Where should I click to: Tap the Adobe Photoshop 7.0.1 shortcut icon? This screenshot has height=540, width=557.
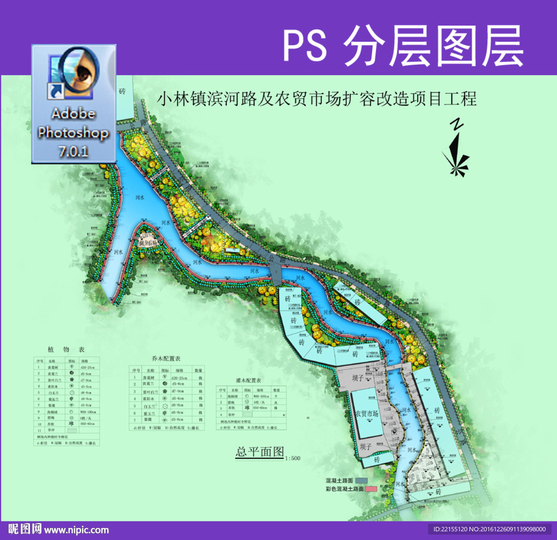(74, 103)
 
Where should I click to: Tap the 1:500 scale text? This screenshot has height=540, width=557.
(292, 458)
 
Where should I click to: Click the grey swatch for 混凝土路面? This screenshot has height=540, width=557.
(362, 481)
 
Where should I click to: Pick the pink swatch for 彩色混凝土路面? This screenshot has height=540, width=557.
(372, 489)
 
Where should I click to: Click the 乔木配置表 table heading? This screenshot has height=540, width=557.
(166, 359)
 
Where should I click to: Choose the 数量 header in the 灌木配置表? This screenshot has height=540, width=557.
(276, 390)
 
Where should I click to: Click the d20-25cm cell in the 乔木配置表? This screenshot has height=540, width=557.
(180, 378)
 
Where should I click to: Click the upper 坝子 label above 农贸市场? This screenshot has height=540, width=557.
(357, 377)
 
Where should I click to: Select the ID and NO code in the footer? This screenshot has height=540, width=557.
(489, 529)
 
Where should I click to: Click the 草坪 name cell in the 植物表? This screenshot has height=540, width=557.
(52, 430)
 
